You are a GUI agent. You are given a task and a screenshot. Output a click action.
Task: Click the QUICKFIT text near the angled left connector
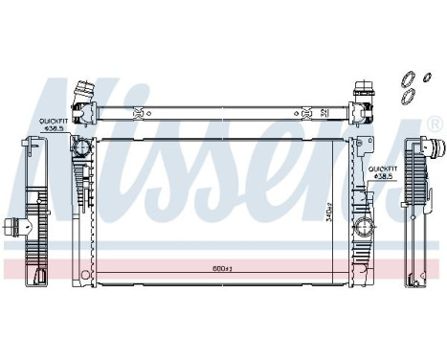(52, 119)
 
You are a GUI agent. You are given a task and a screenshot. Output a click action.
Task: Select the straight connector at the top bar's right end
(368, 97)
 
